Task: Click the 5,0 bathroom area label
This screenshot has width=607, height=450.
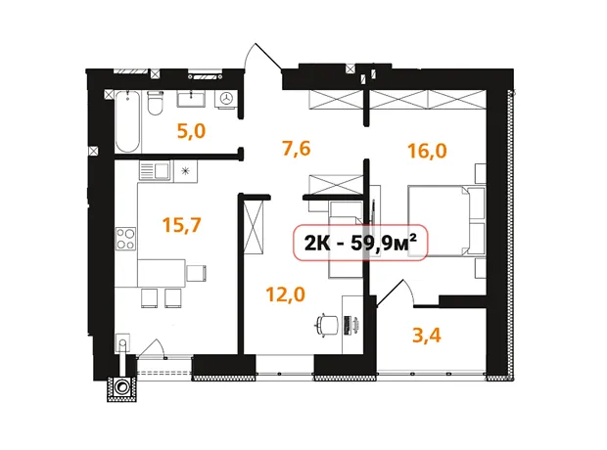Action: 191,131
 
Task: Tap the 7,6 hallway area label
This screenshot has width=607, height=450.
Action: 297,148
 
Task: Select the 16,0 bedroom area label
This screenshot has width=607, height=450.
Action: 427,151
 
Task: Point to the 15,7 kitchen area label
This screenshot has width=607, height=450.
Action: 181,225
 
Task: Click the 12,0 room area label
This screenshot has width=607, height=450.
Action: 285,294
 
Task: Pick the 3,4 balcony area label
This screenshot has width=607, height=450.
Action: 427,336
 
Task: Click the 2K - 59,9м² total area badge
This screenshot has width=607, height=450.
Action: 360,243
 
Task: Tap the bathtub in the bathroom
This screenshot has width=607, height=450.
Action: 127,122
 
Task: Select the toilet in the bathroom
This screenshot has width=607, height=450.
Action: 156,103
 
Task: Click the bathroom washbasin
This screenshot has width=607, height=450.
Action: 191,99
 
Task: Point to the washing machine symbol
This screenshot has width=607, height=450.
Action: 226,98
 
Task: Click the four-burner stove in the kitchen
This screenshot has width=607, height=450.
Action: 126,239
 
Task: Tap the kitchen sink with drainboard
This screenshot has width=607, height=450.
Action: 155,170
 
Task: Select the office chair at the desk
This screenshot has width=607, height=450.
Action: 327,324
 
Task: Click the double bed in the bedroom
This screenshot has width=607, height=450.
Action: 446,221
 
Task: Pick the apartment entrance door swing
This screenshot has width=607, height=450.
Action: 261,57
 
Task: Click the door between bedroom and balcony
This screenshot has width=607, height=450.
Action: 395,293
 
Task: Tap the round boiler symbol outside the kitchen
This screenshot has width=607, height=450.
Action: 122,388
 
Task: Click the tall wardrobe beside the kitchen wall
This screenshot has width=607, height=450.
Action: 254,227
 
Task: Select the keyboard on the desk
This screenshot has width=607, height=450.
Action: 348,325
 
